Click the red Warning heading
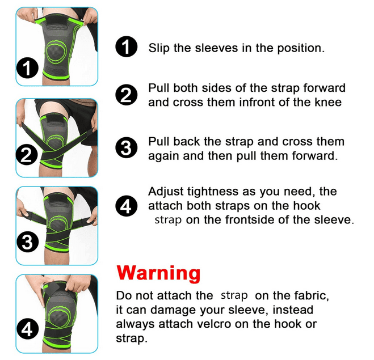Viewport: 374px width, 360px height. click(x=158, y=274)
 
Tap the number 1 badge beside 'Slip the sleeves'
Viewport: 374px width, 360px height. click(x=127, y=46)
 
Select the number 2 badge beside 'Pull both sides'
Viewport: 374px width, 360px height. click(x=127, y=95)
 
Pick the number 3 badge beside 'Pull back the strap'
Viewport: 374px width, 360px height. click(x=127, y=148)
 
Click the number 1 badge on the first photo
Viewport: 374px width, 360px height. click(x=27, y=68)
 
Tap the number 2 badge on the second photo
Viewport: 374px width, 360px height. click(x=27, y=155)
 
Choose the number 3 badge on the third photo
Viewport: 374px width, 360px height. click(x=27, y=242)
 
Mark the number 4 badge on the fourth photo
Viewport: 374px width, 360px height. click(x=27, y=329)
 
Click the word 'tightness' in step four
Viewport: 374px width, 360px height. click(x=209, y=192)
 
